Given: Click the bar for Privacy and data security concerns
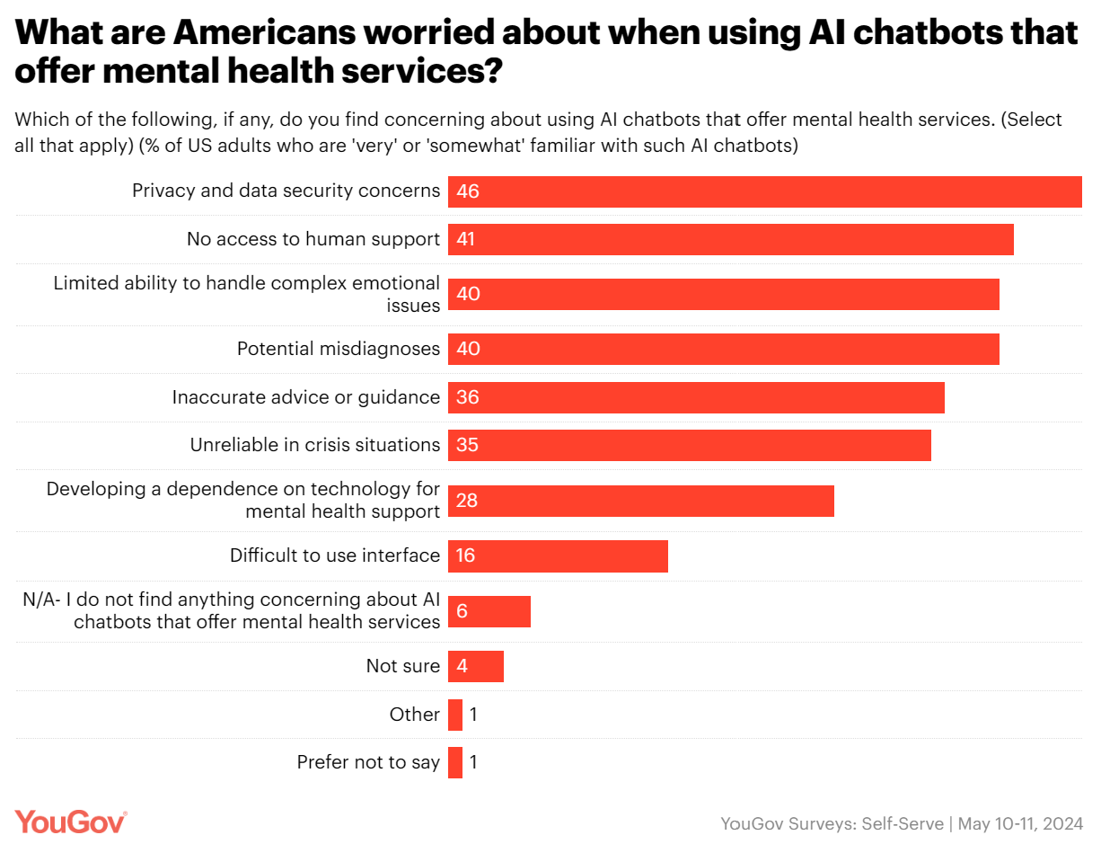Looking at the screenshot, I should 764,191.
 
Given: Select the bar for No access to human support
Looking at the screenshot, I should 730,240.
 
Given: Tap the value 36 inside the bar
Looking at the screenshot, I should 468,397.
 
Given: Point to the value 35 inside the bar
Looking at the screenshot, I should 468,445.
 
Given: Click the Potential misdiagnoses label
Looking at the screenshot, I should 339,349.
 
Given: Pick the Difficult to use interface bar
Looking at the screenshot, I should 558,556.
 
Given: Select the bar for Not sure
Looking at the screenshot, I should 476,667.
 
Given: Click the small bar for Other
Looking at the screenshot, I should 455,715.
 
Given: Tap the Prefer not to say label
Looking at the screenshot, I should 368,763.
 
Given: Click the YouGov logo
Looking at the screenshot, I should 71,822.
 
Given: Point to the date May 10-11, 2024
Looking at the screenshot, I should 1020,823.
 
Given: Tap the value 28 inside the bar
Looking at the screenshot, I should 467,501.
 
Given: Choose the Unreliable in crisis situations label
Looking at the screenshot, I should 315,445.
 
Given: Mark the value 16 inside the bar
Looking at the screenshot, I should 466,556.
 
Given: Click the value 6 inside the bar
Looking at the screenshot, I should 462,611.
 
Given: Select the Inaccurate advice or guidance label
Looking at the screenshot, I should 306,397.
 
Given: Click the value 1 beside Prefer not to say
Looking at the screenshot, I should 473,763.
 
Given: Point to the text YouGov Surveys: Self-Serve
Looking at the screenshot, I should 832,823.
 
